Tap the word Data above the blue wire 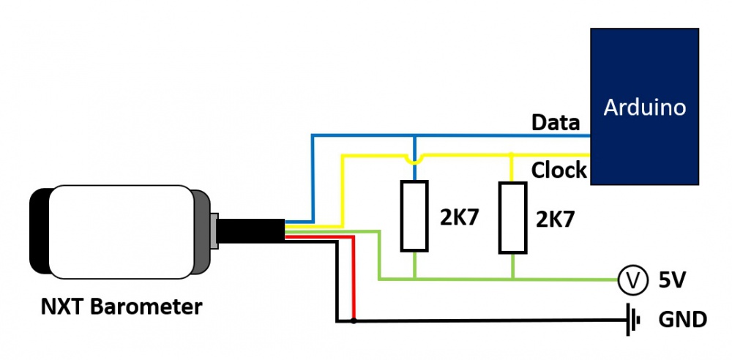[x=556, y=122]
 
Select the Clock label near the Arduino [x=559, y=170]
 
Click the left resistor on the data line [x=414, y=215]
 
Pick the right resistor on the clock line [x=512, y=218]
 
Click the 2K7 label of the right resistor [x=556, y=220]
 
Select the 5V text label [x=673, y=280]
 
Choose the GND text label [x=682, y=320]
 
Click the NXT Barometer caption [x=121, y=306]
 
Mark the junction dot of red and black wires [x=354, y=320]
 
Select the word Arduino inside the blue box [x=644, y=108]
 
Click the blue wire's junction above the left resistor [x=414, y=136]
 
